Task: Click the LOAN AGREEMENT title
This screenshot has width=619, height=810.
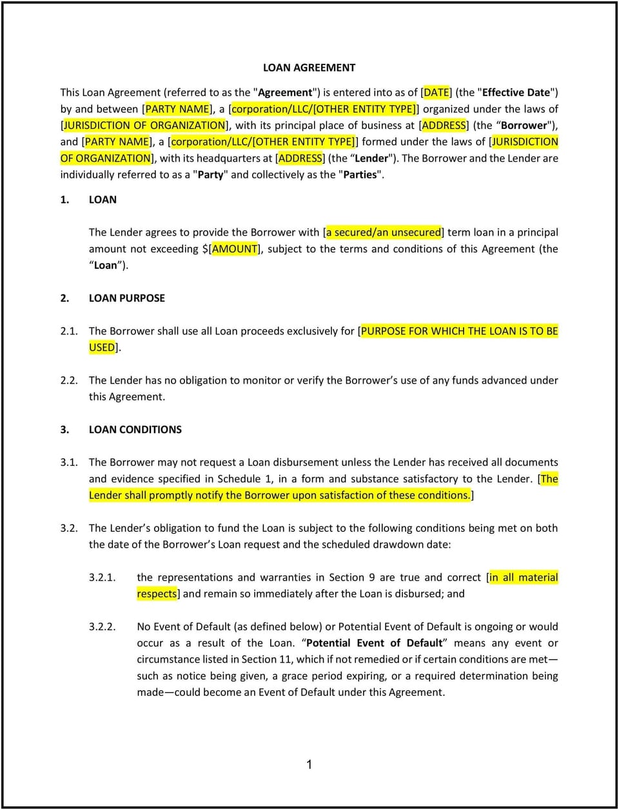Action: coord(309,68)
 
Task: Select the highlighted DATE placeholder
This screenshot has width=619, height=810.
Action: coord(437,93)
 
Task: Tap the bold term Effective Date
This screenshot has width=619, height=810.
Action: coord(516,93)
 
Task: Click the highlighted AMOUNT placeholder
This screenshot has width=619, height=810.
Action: coord(235,249)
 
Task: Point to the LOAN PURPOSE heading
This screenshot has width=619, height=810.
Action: coord(126,298)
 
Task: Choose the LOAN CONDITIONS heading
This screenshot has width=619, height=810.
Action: coord(135,429)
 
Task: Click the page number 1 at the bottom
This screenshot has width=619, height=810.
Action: coord(309,765)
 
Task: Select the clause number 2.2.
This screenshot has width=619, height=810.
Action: coord(69,380)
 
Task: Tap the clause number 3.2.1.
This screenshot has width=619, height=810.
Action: coord(103,577)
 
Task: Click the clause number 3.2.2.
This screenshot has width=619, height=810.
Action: coord(103,626)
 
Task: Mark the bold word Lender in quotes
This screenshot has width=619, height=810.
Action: coord(372,159)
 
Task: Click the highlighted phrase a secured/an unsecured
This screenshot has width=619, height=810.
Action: coord(384,233)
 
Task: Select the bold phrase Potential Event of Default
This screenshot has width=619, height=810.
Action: coord(375,643)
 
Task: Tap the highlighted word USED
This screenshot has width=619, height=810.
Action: coord(103,347)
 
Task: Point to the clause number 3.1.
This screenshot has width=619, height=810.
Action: coord(69,462)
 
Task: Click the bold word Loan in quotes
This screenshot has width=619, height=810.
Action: coord(105,265)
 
